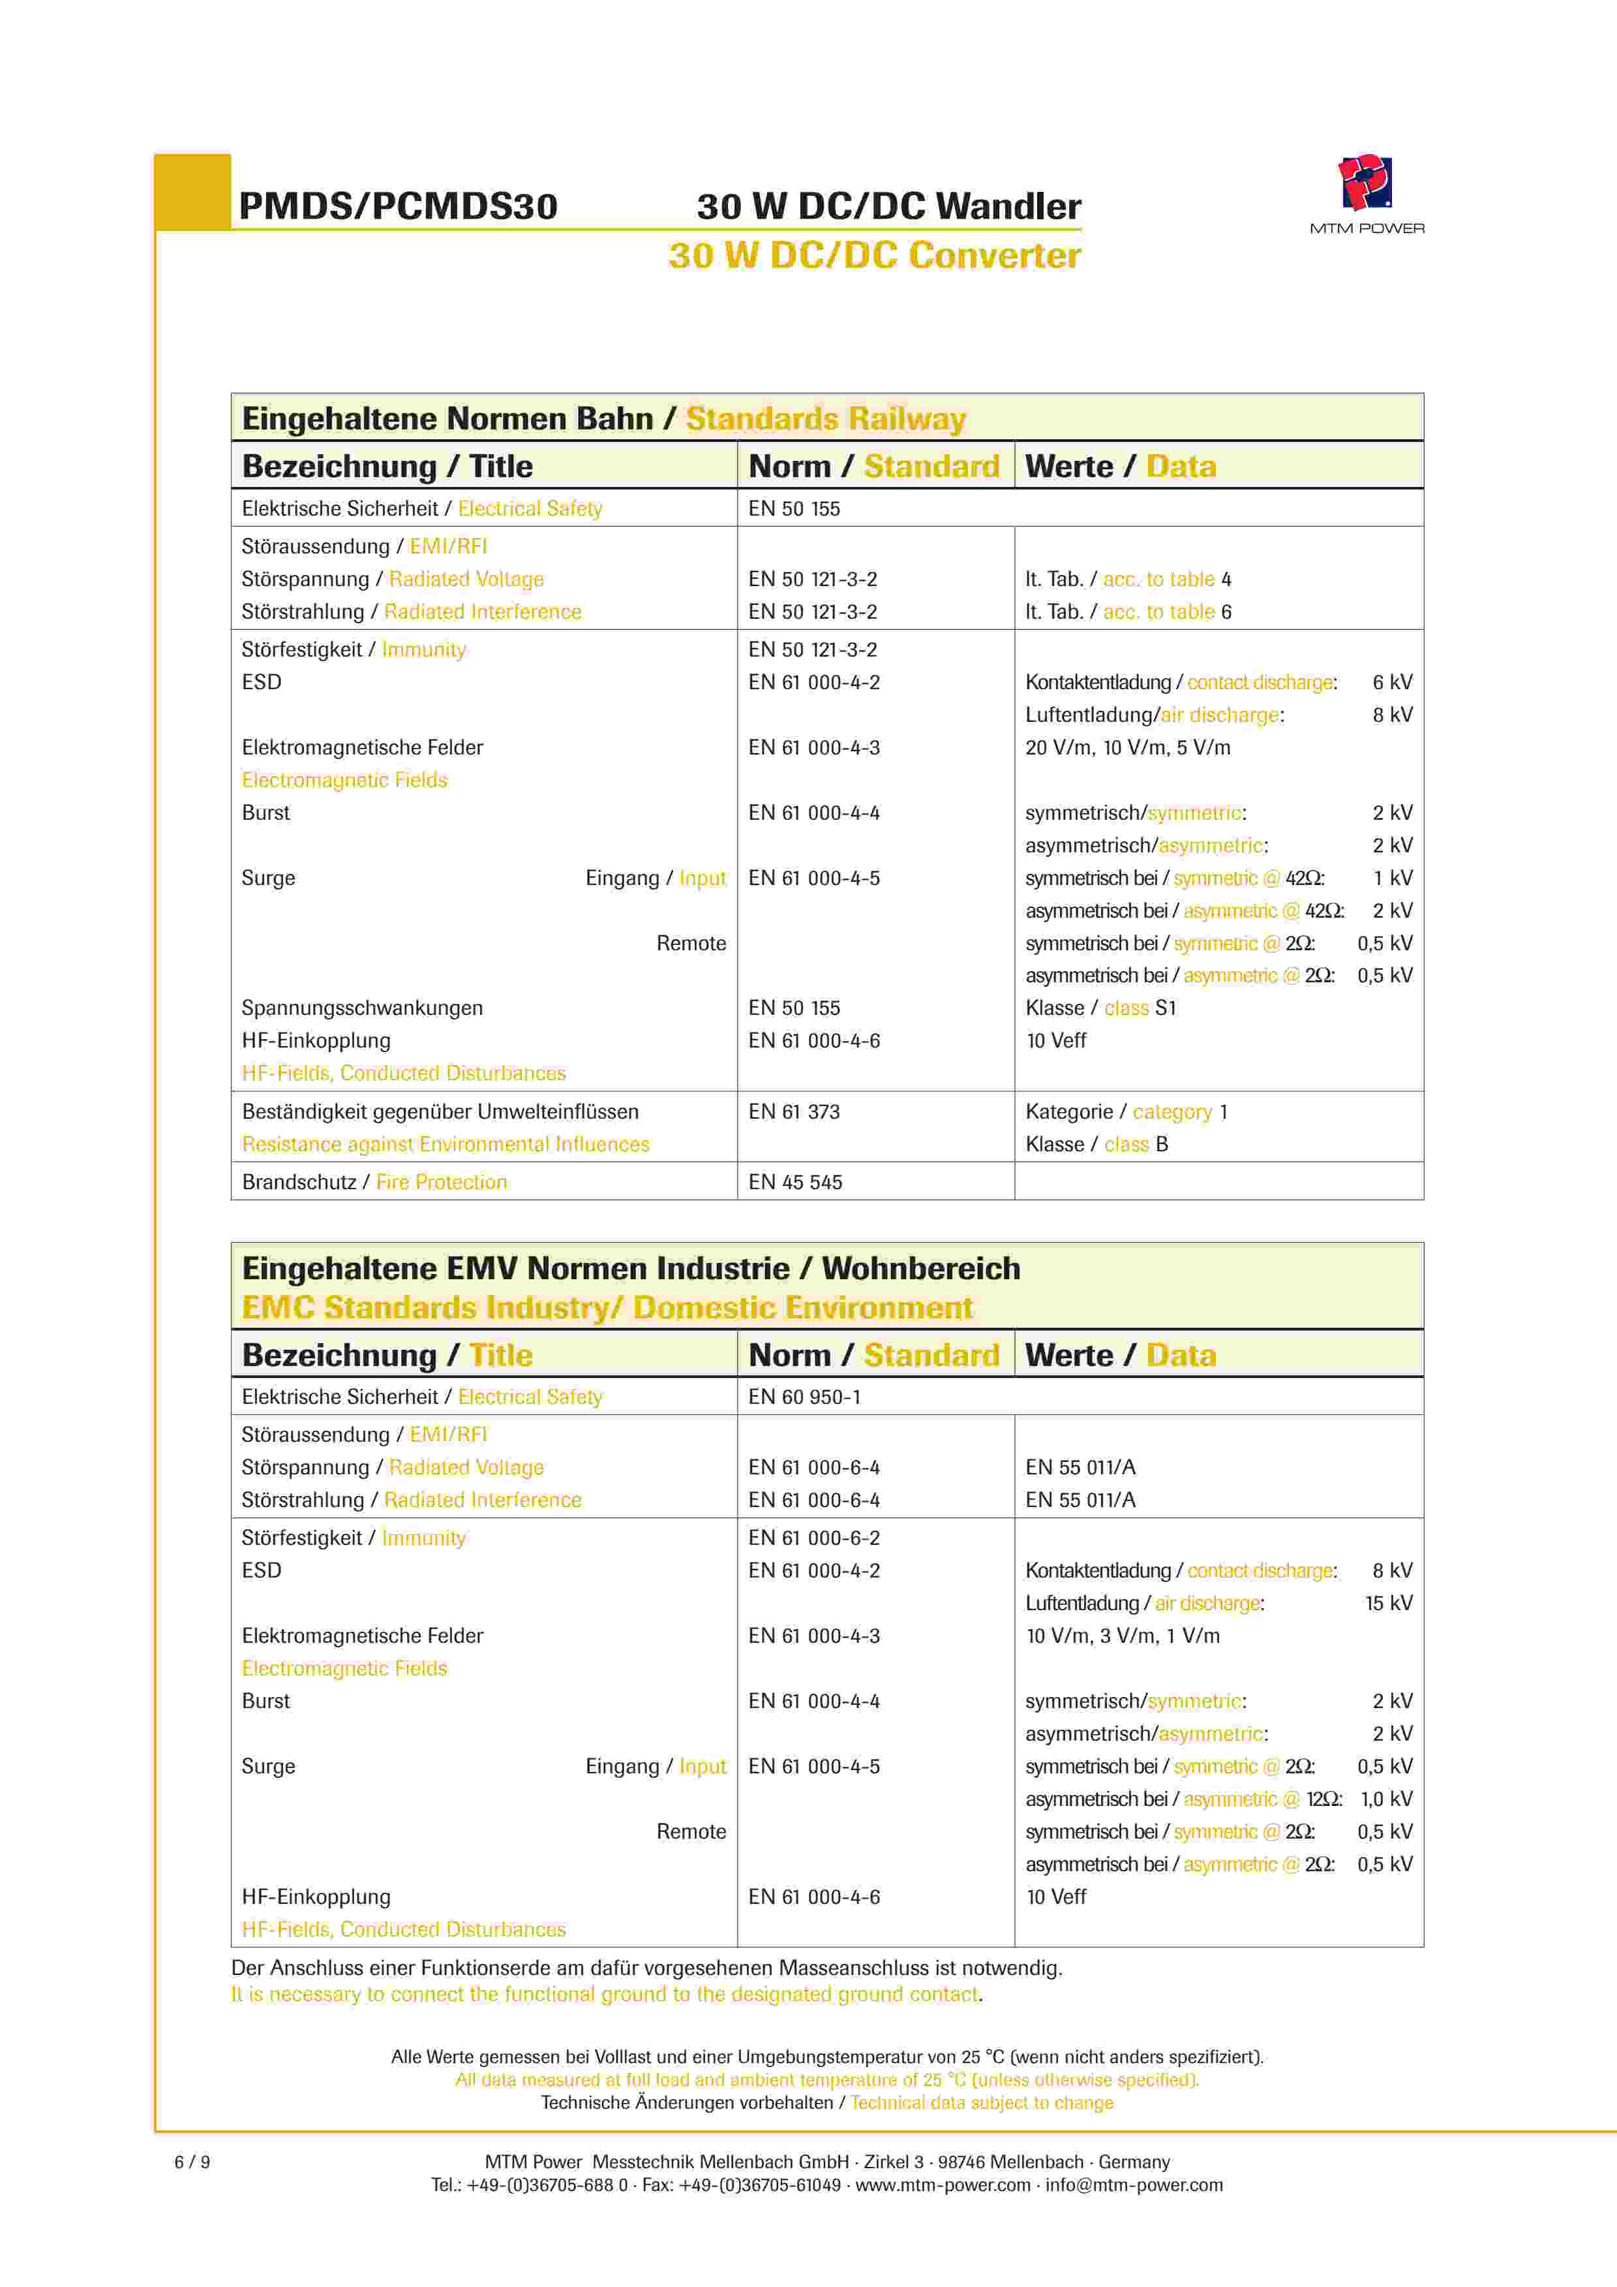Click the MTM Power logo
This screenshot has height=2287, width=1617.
(x=1365, y=184)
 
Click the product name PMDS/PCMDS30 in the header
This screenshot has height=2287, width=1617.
(x=399, y=206)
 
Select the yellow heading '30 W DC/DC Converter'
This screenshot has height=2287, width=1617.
(x=874, y=256)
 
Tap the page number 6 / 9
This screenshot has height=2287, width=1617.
(x=192, y=2162)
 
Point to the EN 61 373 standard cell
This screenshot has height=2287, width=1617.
(x=794, y=1112)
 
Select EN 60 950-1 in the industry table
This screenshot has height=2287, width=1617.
(x=804, y=1397)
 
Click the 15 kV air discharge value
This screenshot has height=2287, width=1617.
(x=1388, y=1603)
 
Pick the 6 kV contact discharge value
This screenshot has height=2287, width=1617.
(x=1392, y=682)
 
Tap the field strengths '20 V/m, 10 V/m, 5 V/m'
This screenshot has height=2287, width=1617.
(x=1127, y=747)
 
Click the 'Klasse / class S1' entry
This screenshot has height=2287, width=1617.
(x=1100, y=1008)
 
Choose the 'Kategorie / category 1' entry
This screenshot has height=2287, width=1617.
(x=1126, y=1112)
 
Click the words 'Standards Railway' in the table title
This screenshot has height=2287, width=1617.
(x=825, y=418)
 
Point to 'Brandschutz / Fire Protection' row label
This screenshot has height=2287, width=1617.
(x=374, y=1183)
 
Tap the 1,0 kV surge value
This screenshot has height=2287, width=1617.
(x=1386, y=1799)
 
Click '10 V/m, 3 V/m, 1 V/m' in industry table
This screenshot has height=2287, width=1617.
(x=1122, y=1636)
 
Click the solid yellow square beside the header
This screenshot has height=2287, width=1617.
(x=193, y=191)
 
